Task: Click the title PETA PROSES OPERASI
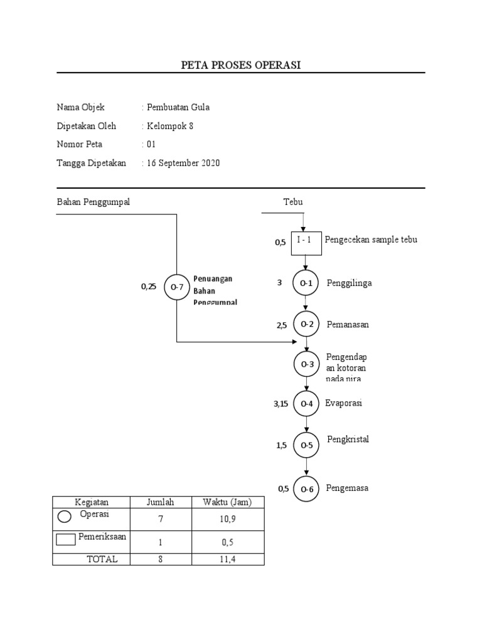pos(240,65)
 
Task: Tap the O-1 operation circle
pos(306,283)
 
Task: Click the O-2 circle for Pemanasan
pos(306,325)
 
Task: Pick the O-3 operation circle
pos(306,364)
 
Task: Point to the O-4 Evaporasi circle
pos(306,404)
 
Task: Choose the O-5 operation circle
pos(306,445)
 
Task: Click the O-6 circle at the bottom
pos(306,489)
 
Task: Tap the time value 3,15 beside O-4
pos(281,404)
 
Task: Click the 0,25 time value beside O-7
pos(148,287)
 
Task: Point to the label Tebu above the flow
pos(292,202)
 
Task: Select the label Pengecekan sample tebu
pos(372,239)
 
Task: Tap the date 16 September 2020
pos(183,163)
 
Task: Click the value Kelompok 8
pos(170,125)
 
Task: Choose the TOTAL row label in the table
pos(102,559)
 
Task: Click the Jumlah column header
pos(160,502)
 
